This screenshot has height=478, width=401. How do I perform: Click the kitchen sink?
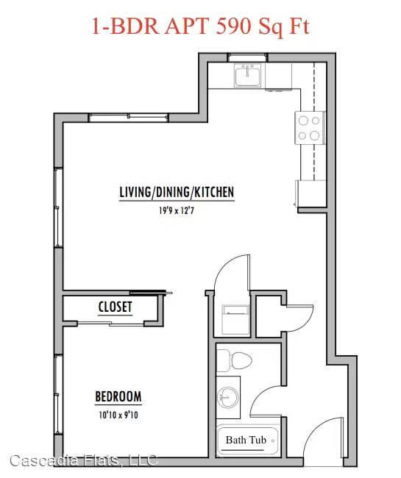[x=248, y=75]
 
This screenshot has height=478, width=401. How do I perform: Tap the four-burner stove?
[x=310, y=128]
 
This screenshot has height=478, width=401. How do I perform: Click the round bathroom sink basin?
[x=227, y=397]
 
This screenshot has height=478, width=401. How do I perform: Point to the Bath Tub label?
[x=246, y=440]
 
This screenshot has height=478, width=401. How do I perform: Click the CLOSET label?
[x=115, y=307]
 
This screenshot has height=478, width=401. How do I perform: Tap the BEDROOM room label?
[x=118, y=396]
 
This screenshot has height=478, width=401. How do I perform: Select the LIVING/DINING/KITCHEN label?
[x=177, y=192]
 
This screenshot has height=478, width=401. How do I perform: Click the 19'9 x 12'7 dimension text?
[x=177, y=210]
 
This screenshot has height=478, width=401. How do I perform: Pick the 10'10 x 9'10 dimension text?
[x=118, y=415]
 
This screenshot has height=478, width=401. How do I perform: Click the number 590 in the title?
[x=234, y=26]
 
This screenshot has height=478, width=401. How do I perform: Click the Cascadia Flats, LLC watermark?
[x=84, y=460]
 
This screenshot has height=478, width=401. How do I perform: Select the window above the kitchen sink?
[x=248, y=57]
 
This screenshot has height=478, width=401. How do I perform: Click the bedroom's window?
[x=58, y=394]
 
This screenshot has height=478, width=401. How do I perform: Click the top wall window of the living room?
[x=128, y=118]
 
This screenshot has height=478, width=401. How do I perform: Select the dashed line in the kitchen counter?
[x=314, y=121]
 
